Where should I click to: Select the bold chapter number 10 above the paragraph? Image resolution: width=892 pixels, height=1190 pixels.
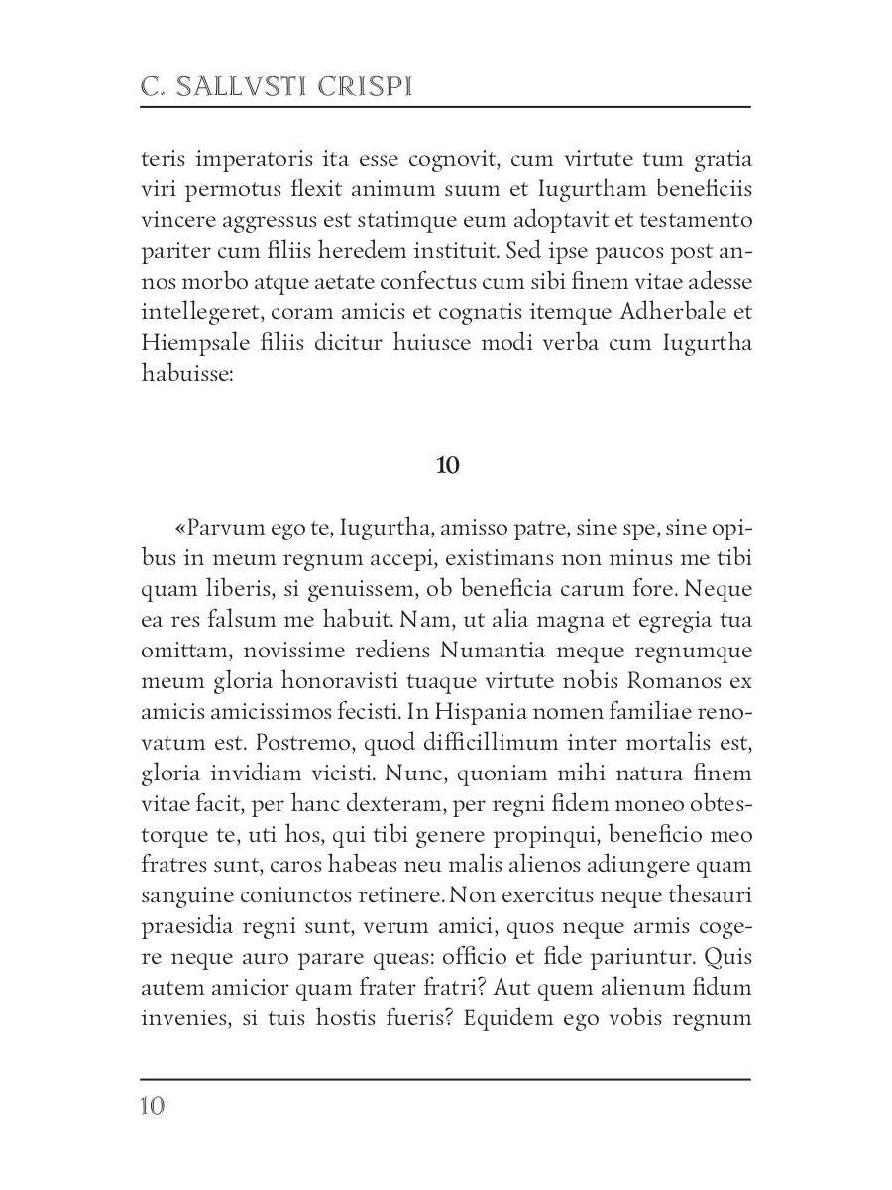point(447,465)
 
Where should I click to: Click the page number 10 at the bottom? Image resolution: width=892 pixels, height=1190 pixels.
point(152,1106)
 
